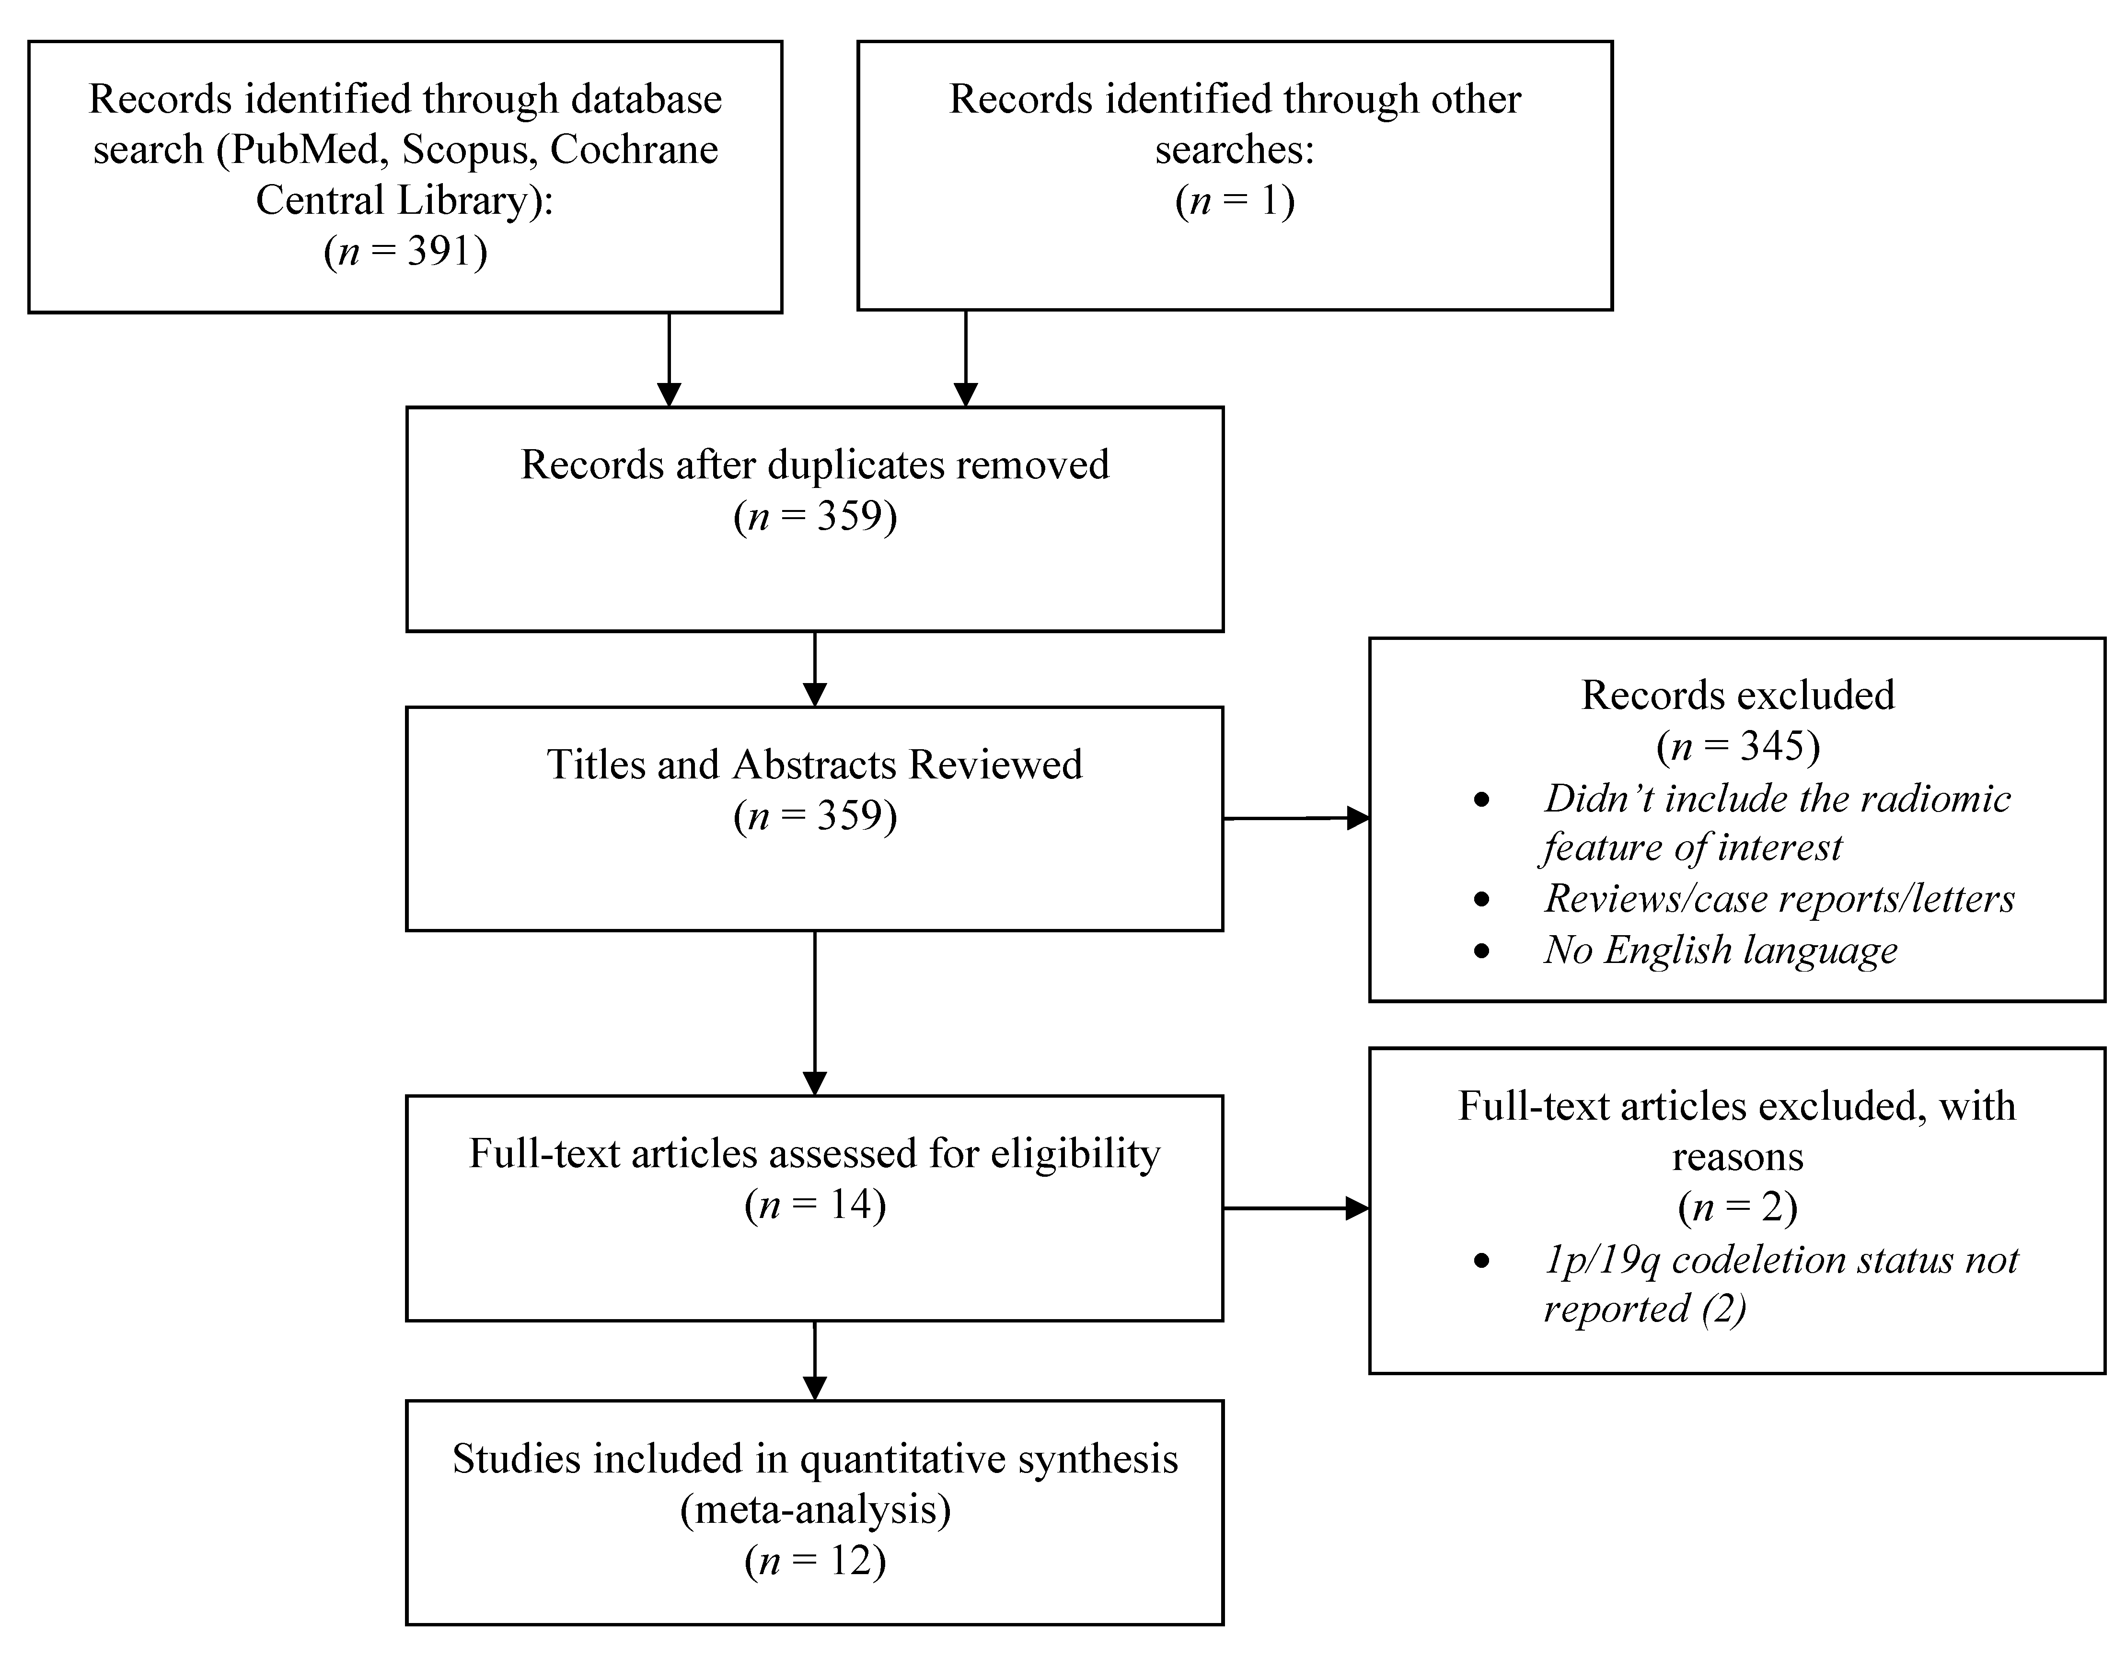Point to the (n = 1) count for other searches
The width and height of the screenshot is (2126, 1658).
[x=1234, y=200]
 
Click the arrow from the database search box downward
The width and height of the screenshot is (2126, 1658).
[x=669, y=360]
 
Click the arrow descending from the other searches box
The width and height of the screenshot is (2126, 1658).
[x=965, y=360]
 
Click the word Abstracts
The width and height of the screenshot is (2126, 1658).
[x=815, y=764]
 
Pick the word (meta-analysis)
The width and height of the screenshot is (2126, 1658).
[x=815, y=1509]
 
